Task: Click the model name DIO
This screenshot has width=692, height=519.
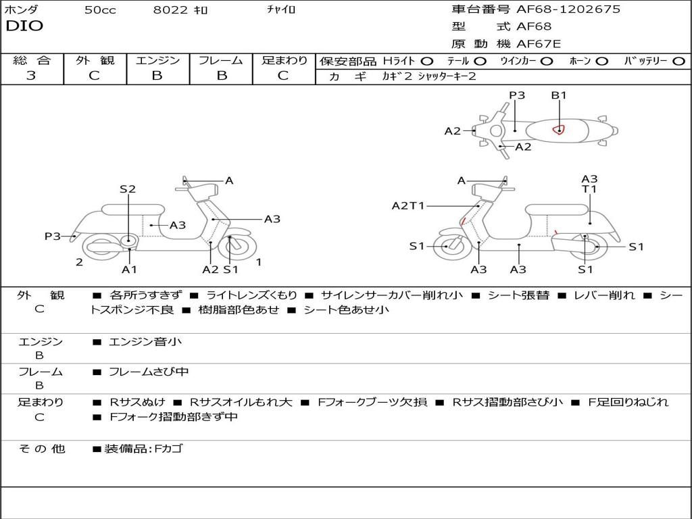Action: tap(24, 26)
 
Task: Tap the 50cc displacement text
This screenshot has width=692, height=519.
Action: tap(100, 10)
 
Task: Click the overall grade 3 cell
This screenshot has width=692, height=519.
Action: tap(31, 76)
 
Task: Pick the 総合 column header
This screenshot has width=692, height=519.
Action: tap(31, 61)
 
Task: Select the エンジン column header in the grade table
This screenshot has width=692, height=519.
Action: tap(157, 61)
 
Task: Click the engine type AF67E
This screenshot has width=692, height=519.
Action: tap(539, 45)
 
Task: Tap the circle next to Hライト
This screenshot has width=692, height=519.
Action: tap(426, 61)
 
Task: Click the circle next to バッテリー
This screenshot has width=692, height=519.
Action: tap(678, 61)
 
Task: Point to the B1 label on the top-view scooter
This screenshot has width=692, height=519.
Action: tap(558, 95)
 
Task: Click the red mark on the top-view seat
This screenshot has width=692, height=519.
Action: tap(558, 129)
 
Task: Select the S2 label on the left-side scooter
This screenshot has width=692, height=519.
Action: tap(128, 189)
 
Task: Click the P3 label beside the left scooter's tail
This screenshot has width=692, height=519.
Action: tap(53, 237)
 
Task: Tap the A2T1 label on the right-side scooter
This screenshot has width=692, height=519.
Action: tap(407, 205)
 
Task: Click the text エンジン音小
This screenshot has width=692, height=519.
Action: tap(145, 342)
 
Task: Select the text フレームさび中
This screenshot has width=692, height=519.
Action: tap(149, 372)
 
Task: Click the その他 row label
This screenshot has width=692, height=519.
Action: tap(41, 449)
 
